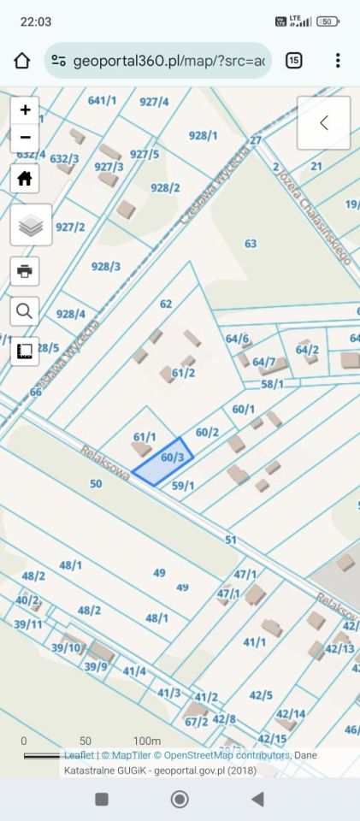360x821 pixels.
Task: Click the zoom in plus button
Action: [x=25, y=109]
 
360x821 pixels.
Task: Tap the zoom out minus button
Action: [x=25, y=137]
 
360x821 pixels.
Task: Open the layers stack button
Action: [x=31, y=225]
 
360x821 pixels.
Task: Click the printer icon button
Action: [x=25, y=271]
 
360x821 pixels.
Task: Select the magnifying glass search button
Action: [x=25, y=310]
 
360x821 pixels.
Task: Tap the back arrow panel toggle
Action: [x=323, y=123]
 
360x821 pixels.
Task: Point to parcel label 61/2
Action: [x=183, y=372]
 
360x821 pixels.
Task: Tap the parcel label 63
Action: [x=251, y=244]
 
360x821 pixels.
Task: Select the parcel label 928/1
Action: [x=204, y=135]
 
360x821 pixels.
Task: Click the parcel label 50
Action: [x=96, y=484]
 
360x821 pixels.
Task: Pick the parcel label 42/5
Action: [x=261, y=695]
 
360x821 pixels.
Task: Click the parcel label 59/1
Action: [x=183, y=486]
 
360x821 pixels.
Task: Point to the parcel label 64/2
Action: [x=307, y=349]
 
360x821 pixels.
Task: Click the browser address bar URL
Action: [x=169, y=61]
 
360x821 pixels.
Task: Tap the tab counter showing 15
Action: [x=293, y=61]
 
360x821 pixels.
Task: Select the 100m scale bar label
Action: [x=146, y=741]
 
